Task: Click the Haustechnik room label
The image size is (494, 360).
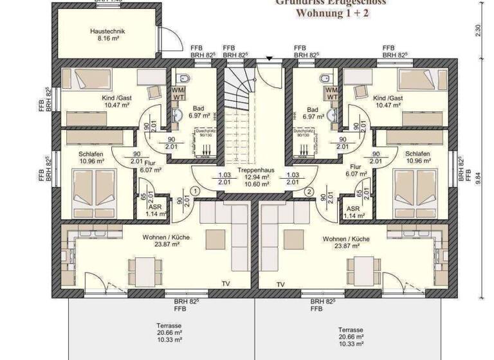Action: click(x=107, y=30)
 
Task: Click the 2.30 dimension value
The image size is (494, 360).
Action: click(x=477, y=30)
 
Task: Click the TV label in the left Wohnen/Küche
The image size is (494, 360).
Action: click(x=226, y=283)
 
